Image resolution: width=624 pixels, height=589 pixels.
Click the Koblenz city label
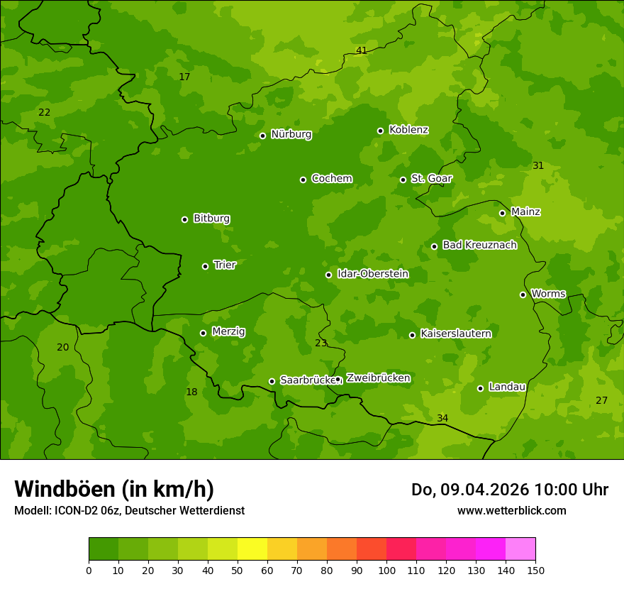408,130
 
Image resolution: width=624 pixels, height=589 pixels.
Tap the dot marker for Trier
205,266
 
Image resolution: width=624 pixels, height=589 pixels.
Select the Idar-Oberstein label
372,274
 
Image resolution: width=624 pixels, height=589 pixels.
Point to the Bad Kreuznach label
479,245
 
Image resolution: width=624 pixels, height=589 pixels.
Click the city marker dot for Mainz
502,213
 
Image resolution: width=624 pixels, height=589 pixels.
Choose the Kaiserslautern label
455,334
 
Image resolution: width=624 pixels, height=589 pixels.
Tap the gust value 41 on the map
362,50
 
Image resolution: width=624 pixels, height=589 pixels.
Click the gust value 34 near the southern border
442,418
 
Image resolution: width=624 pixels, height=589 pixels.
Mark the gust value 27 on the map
601,400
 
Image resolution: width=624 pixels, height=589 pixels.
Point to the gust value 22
44,112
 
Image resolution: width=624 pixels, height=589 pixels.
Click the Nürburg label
291,134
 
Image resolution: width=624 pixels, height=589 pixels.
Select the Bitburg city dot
184,219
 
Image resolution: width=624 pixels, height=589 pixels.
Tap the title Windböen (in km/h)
114,489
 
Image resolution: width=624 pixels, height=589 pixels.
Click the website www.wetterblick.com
511,510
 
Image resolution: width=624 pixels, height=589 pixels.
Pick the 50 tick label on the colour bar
238,570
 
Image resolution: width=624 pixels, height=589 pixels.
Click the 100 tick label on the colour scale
386,570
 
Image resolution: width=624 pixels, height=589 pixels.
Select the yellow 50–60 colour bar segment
252,549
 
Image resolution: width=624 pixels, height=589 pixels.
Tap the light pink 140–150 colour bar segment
520,549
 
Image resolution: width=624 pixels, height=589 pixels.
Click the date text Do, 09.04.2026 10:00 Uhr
509,490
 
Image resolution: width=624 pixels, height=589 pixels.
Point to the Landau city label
506,387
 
